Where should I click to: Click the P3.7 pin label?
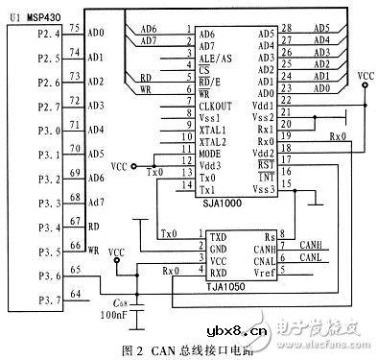[x=22, y=300]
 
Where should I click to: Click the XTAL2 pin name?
[x=212, y=141]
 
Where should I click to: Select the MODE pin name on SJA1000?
[x=211, y=154]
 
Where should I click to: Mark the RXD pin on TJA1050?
[x=219, y=272]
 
